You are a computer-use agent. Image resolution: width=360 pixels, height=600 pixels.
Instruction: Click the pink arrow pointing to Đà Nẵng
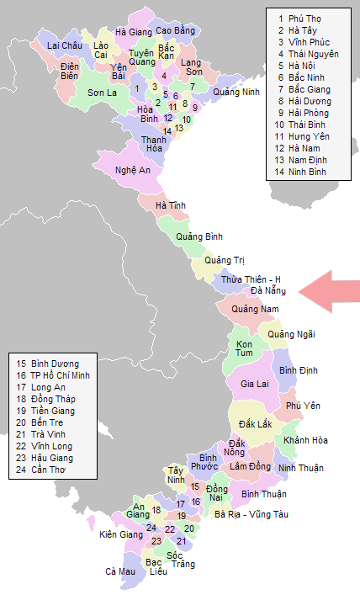point(330,291)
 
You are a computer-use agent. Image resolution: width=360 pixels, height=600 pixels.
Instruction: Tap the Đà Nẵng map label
point(268,291)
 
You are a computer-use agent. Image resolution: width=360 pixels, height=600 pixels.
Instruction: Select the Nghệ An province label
point(133,170)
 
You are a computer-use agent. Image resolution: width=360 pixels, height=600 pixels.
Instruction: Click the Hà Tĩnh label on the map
point(171,205)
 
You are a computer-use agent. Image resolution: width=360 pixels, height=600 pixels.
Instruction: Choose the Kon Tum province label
point(245,349)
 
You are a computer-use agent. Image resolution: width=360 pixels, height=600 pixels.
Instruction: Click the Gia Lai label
point(255,384)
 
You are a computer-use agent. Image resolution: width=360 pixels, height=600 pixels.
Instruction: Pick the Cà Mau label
point(120,571)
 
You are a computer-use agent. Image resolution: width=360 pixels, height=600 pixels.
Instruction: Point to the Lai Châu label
point(65,45)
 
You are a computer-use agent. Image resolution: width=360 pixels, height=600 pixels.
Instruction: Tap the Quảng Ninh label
point(237,92)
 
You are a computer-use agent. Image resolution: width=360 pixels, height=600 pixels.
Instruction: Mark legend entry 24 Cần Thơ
point(45,470)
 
